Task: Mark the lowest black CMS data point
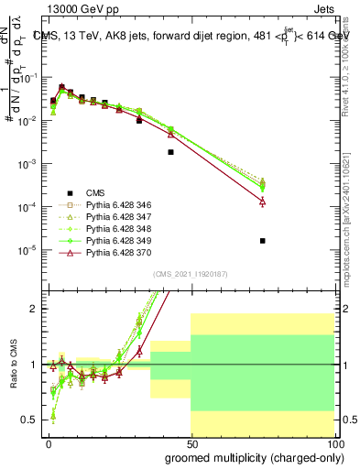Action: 263,241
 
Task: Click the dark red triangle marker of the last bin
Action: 263,201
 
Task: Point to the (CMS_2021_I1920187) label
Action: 191,274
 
